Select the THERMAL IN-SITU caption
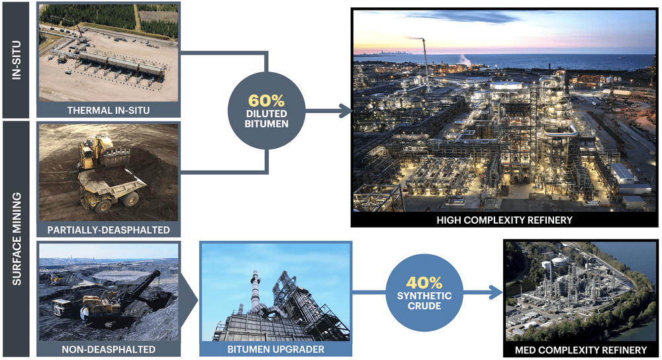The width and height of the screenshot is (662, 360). [107, 111]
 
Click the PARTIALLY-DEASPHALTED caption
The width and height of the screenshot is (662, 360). [108, 230]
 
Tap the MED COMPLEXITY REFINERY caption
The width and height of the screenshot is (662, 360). [580, 349]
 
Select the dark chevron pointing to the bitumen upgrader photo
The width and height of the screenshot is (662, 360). [188, 291]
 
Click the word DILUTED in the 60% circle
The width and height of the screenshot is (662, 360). [266, 114]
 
